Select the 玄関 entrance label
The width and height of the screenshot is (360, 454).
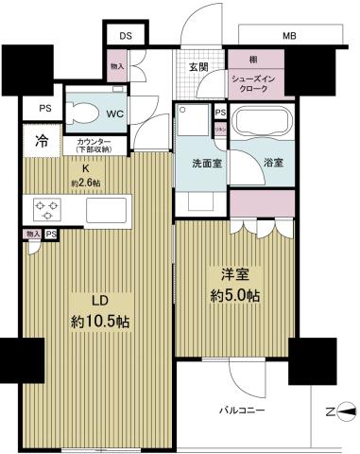[199, 66]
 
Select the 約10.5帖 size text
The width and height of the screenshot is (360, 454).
[99, 322]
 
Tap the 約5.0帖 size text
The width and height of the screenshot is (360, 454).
[233, 295]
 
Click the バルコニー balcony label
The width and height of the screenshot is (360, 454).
[243, 410]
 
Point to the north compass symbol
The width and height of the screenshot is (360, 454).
[341, 410]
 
